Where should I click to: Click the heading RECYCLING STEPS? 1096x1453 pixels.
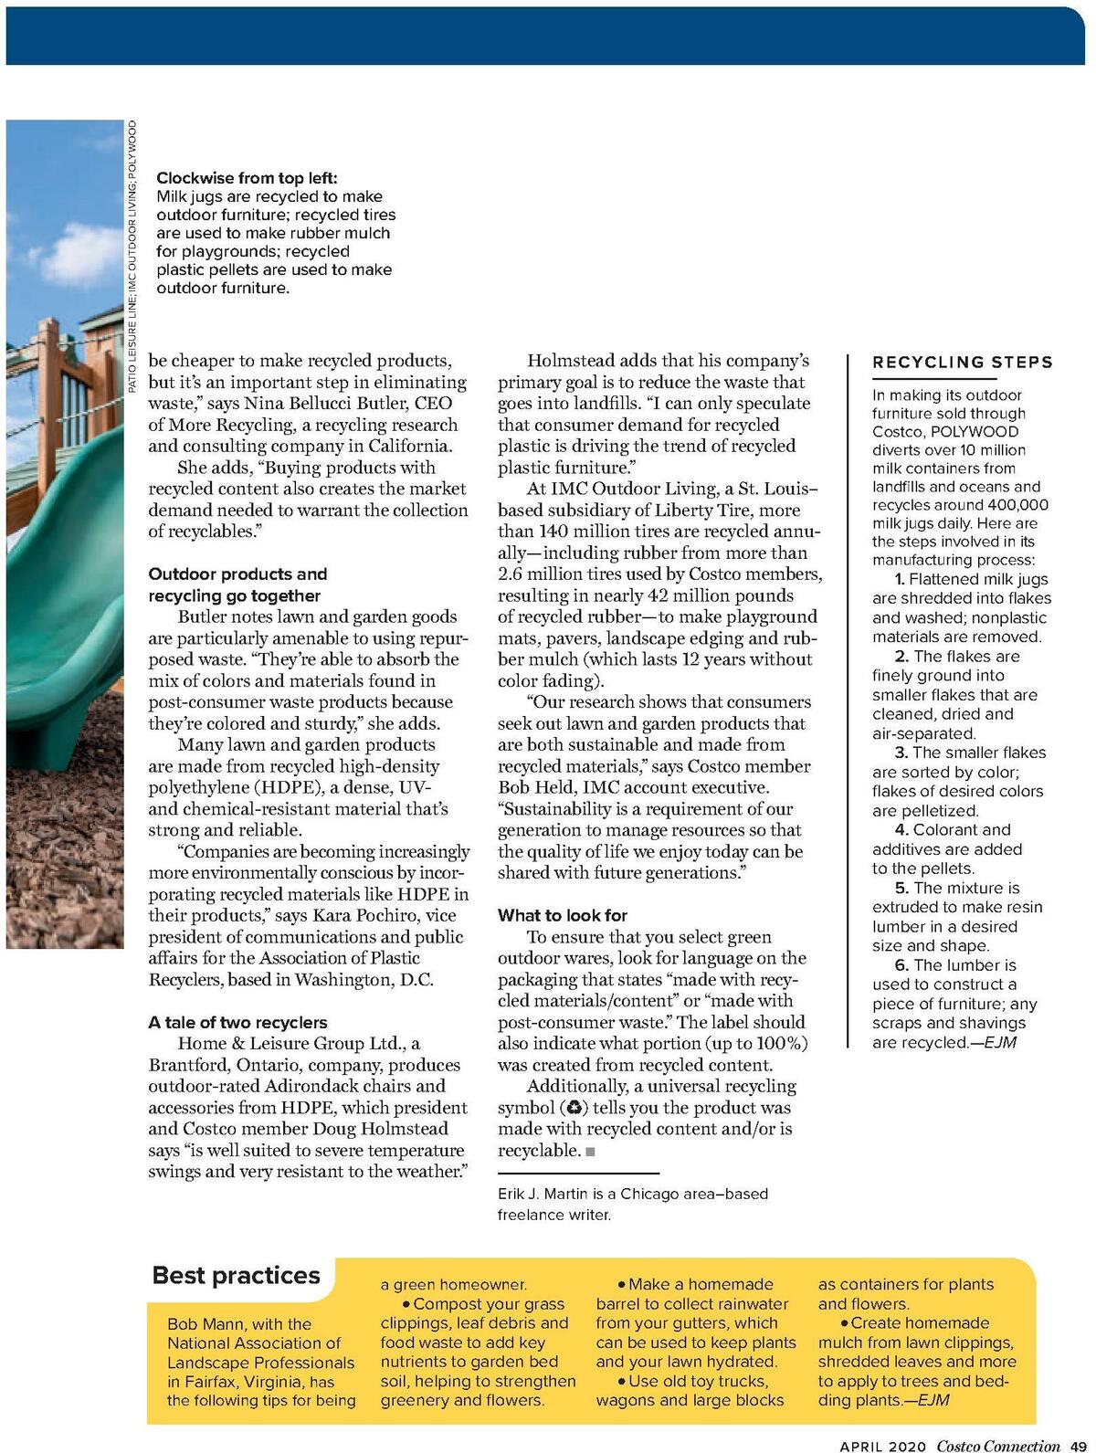[962, 363]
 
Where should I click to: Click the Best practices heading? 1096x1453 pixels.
[236, 1275]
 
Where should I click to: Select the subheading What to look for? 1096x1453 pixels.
[563, 915]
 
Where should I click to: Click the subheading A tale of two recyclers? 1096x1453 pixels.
[237, 1022]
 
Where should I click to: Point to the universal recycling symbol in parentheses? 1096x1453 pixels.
[572, 1108]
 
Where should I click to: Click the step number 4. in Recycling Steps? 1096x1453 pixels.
[901, 830]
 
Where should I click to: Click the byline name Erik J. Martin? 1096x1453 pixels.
[541, 1194]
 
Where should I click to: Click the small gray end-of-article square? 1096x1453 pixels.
[590, 1152]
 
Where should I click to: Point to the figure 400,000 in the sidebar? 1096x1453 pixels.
[1012, 505]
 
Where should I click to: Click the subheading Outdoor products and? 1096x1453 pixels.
[237, 574]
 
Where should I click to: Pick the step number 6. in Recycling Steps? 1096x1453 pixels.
[901, 965]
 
